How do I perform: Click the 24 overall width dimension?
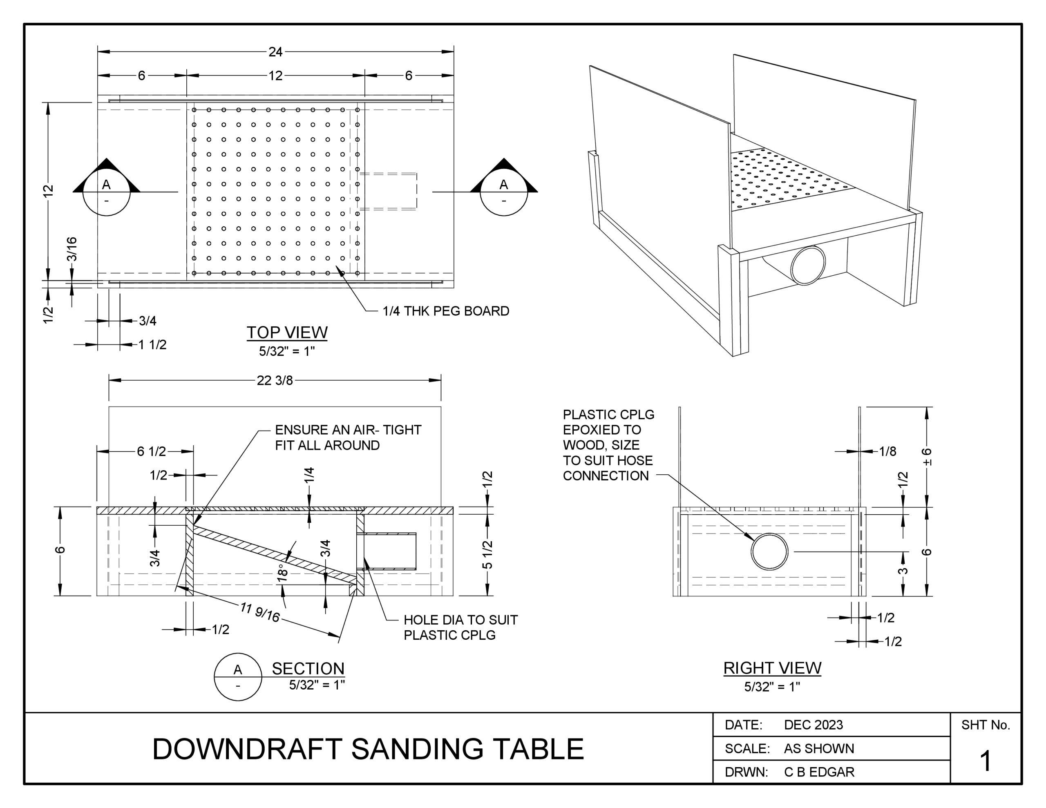pyautogui.click(x=275, y=52)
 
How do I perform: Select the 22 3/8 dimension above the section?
pyautogui.click(x=275, y=380)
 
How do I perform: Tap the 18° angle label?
pyautogui.click(x=283, y=572)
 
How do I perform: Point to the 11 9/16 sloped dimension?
pyautogui.click(x=260, y=612)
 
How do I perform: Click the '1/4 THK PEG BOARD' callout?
pyautogui.click(x=446, y=311)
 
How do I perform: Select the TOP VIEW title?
pyautogui.click(x=287, y=333)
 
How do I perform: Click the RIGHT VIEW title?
pyautogui.click(x=772, y=667)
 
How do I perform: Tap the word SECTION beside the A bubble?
pyautogui.click(x=308, y=669)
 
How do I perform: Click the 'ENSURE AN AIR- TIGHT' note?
pyautogui.click(x=348, y=430)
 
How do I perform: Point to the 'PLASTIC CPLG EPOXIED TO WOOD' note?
pyautogui.click(x=608, y=445)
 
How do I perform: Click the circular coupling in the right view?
pyautogui.click(x=769, y=552)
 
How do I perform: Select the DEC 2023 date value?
pyautogui.click(x=813, y=725)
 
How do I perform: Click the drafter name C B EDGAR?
pyautogui.click(x=819, y=772)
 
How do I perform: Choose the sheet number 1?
pyautogui.click(x=985, y=761)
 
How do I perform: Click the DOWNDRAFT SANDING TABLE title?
pyautogui.click(x=368, y=749)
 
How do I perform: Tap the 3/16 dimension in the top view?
pyautogui.click(x=72, y=249)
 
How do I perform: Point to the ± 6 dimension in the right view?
pyautogui.click(x=927, y=456)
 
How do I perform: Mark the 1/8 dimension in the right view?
pyautogui.click(x=887, y=451)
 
